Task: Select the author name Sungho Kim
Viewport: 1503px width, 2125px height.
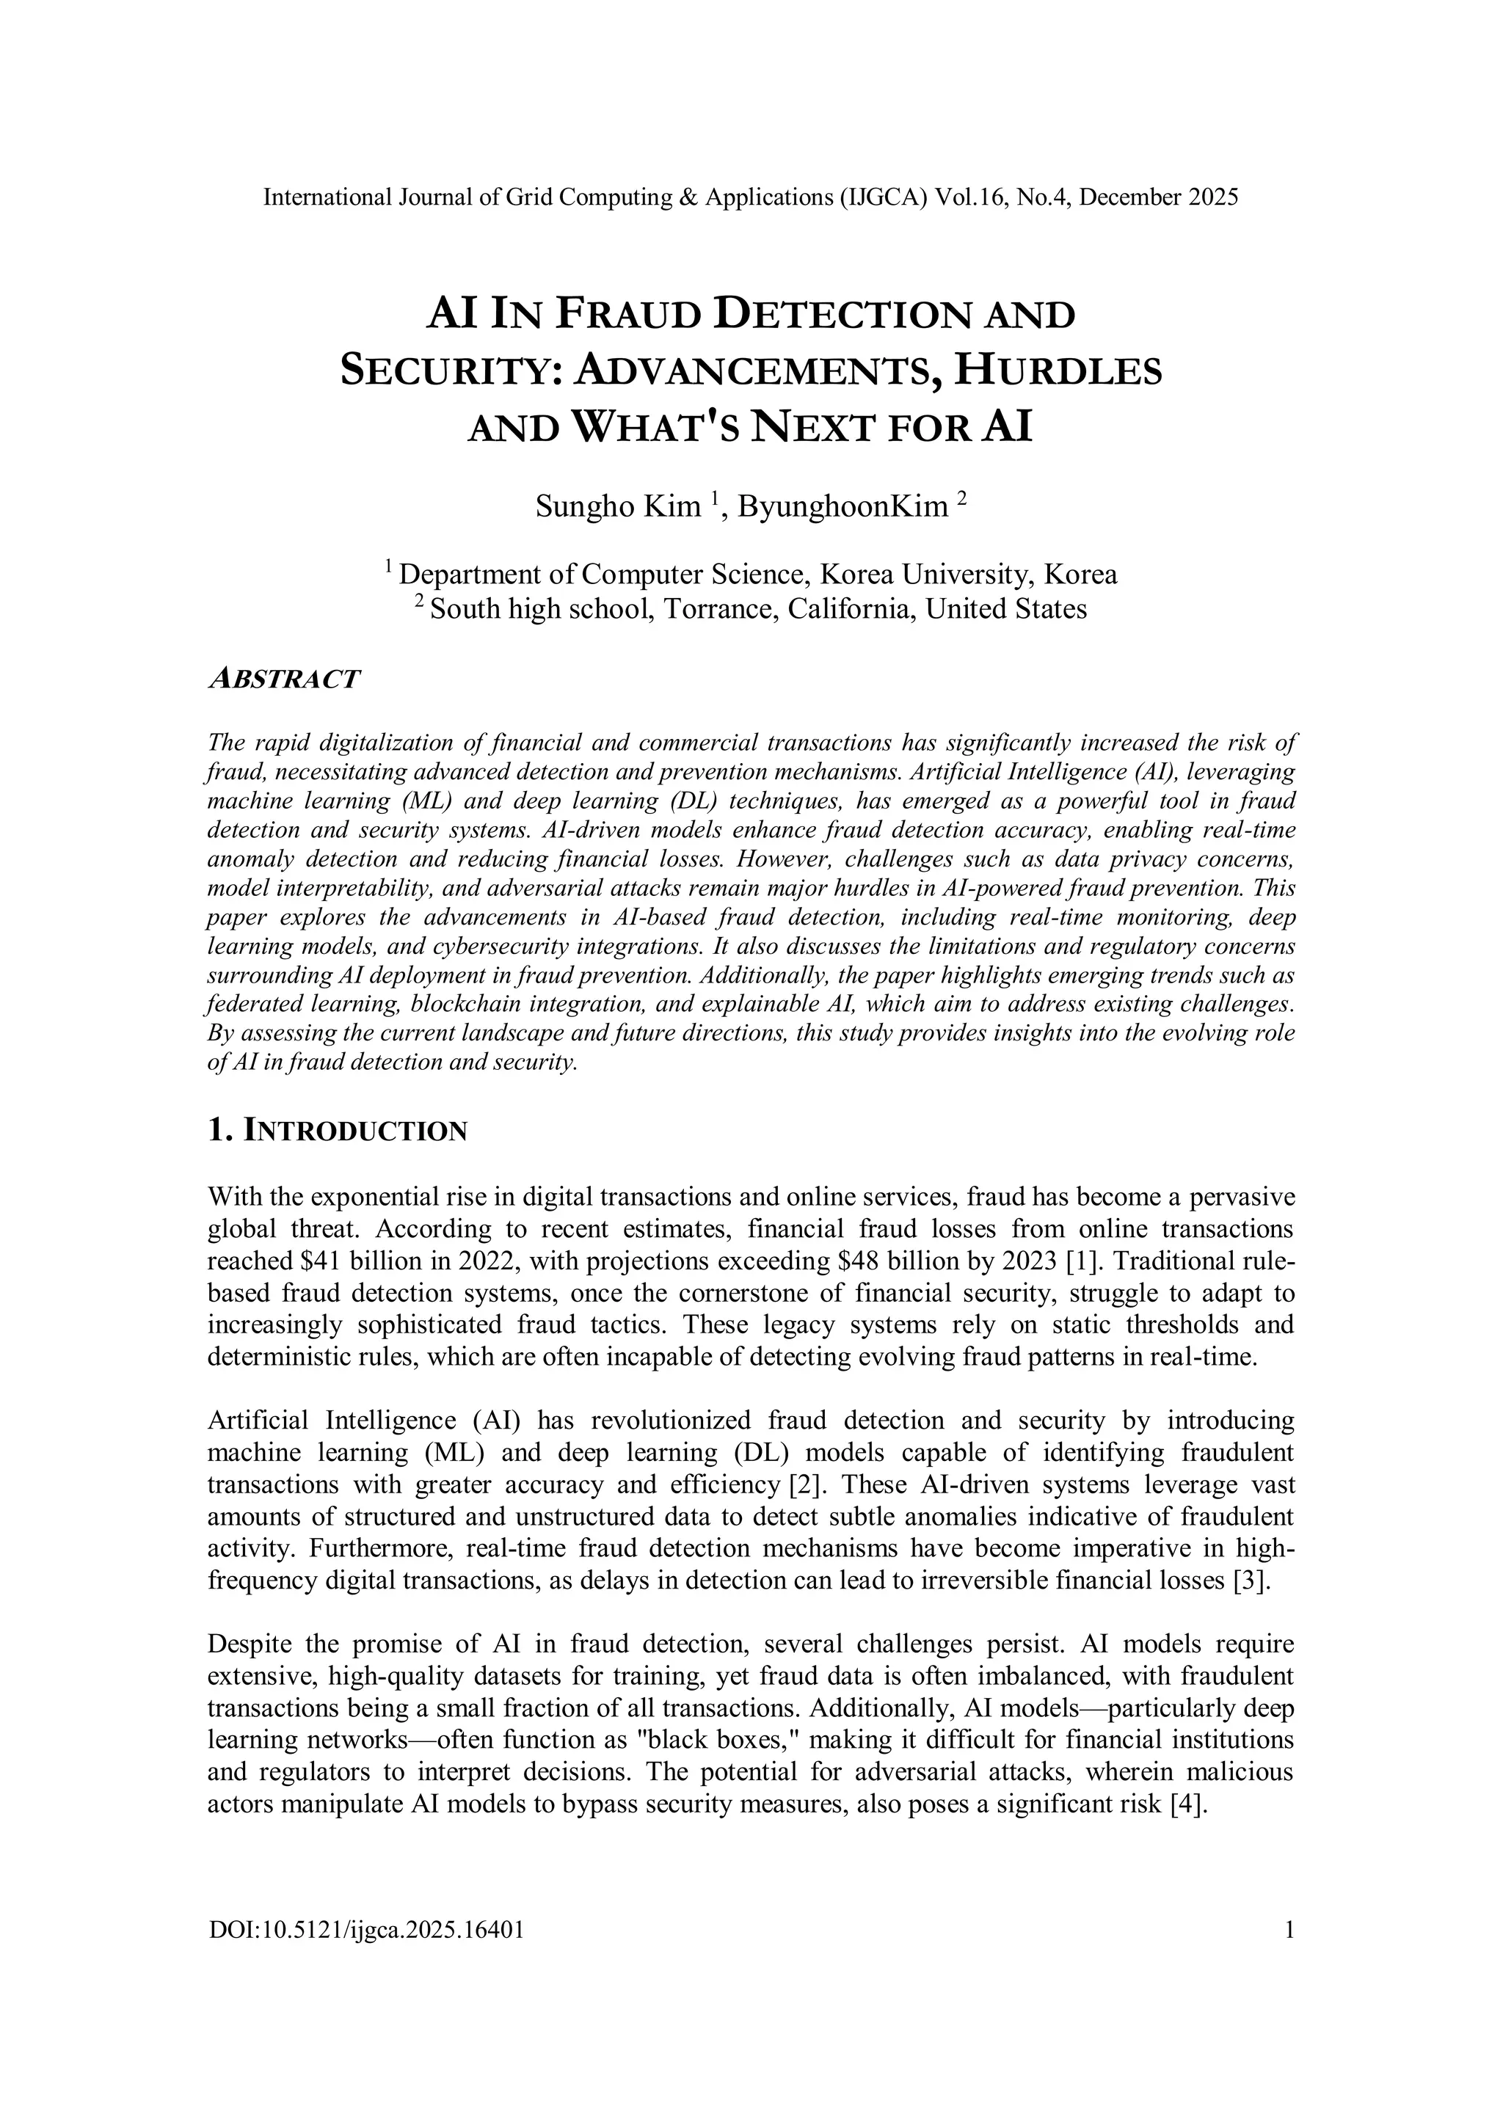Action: tap(618, 506)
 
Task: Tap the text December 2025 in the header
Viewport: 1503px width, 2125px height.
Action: tap(1159, 197)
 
